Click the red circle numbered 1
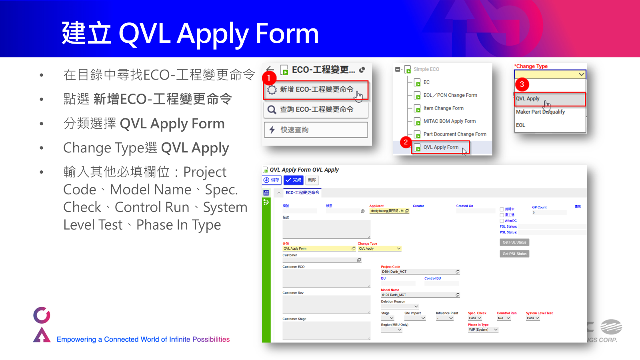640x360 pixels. pyautogui.click(x=269, y=78)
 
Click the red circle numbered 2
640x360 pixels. pyautogui.click(x=406, y=142)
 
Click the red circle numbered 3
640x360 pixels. pyautogui.click(x=522, y=84)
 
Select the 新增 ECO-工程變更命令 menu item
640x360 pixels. pyautogui.click(x=316, y=90)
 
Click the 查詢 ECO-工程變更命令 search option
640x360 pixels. pyautogui.click(x=316, y=110)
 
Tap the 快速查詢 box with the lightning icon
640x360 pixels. pyautogui.click(x=316, y=130)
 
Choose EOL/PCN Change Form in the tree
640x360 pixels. pyautogui.click(x=450, y=95)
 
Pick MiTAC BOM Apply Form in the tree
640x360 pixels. pyautogui.click(x=449, y=121)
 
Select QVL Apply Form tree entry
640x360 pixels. pyautogui.click(x=441, y=147)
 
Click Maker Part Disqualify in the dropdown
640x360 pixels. pyautogui.click(x=540, y=112)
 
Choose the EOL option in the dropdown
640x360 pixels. pyautogui.click(x=520, y=125)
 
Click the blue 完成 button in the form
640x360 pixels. pyautogui.click(x=294, y=180)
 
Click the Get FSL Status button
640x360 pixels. pyautogui.click(x=514, y=242)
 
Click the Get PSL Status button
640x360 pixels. pyautogui.click(x=514, y=254)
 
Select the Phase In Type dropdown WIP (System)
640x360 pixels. pyautogui.click(x=483, y=330)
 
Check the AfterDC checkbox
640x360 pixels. pyautogui.click(x=502, y=221)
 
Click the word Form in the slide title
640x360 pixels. pyautogui.click(x=287, y=34)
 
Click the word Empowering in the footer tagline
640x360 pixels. pyautogui.click(x=76, y=340)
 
